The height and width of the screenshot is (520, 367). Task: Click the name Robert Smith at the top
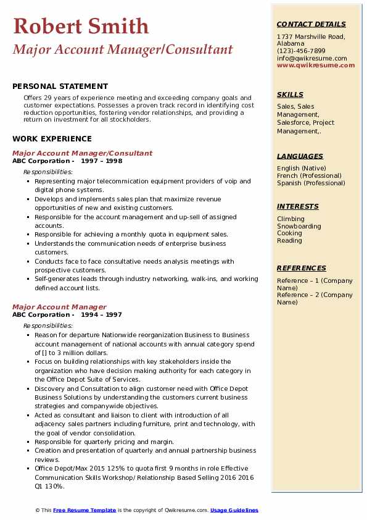(x=81, y=26)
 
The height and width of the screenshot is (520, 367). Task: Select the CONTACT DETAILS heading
(x=311, y=24)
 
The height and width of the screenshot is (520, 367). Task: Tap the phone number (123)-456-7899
(x=301, y=51)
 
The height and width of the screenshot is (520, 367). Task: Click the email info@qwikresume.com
(x=311, y=59)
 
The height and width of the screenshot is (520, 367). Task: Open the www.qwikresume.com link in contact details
(x=311, y=65)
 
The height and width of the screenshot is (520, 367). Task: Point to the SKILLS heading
(x=290, y=94)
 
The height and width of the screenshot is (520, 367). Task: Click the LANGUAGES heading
(x=300, y=156)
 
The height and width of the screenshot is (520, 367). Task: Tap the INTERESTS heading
(x=297, y=206)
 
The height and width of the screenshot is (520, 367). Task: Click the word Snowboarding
(x=299, y=226)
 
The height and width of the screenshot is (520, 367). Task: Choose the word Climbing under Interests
(x=291, y=219)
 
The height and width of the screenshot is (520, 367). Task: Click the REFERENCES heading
(x=301, y=268)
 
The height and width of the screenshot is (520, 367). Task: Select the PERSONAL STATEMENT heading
(x=60, y=86)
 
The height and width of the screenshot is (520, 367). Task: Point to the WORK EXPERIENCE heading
(x=52, y=139)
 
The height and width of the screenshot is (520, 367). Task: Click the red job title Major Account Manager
(x=59, y=307)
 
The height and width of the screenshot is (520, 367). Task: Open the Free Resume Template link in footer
(x=85, y=510)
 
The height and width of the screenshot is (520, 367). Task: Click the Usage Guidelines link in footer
(x=234, y=510)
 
